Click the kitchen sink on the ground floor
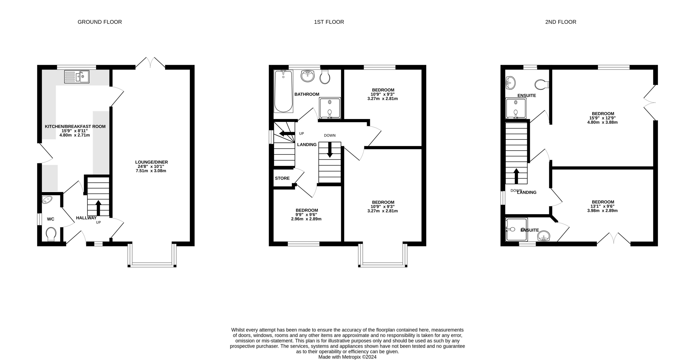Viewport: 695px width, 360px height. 77,76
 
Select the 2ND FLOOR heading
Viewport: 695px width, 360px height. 560,22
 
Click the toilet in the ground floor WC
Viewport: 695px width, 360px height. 51,234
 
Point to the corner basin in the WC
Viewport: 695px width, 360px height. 47,200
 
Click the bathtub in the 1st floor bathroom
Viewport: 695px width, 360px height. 283,91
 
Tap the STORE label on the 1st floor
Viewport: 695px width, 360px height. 282,178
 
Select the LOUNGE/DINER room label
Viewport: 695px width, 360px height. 151,162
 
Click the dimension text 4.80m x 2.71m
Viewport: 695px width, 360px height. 74,135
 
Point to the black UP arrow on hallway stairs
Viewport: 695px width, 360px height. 98,207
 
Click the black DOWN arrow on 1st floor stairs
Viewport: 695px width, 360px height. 330,150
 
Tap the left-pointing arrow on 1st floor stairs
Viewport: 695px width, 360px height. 287,134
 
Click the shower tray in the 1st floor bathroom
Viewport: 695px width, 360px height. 329,108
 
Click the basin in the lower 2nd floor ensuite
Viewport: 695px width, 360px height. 543,237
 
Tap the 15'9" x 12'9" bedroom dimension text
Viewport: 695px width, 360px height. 602,118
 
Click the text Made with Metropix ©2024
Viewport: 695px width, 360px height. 347,357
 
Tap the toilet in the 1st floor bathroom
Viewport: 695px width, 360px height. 325,77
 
